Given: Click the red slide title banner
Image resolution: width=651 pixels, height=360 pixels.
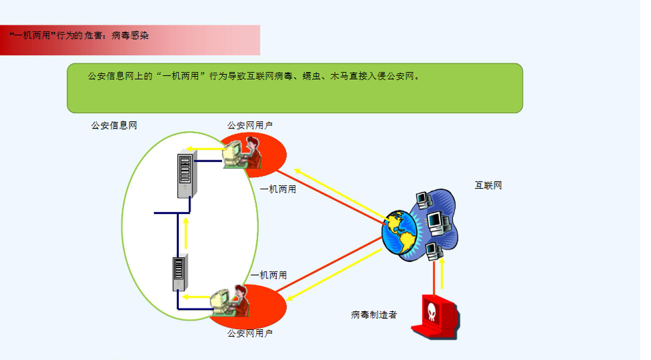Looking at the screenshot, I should click(130, 40).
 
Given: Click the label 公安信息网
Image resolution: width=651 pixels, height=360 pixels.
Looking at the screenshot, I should click(114, 125).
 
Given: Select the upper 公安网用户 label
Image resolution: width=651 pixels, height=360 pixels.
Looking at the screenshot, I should click(250, 125).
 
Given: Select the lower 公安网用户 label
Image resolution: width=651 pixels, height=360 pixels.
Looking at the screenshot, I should click(250, 334).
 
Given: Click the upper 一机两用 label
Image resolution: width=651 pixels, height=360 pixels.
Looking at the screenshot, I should click(278, 189).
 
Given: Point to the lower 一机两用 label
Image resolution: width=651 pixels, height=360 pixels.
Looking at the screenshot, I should click(269, 275).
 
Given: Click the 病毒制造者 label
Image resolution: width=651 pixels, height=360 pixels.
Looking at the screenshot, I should click(373, 315).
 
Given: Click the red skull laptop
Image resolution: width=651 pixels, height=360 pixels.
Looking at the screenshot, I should click(436, 317).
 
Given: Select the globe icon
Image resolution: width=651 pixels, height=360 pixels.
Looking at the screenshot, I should click(401, 232).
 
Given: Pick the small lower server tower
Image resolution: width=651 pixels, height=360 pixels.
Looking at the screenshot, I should click(180, 273).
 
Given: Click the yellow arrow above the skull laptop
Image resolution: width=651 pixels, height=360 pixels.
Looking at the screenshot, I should click(443, 274).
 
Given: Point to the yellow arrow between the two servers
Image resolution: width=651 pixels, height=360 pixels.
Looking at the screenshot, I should click(186, 232).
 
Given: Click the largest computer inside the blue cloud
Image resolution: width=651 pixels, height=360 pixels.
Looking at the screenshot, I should click(437, 221).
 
